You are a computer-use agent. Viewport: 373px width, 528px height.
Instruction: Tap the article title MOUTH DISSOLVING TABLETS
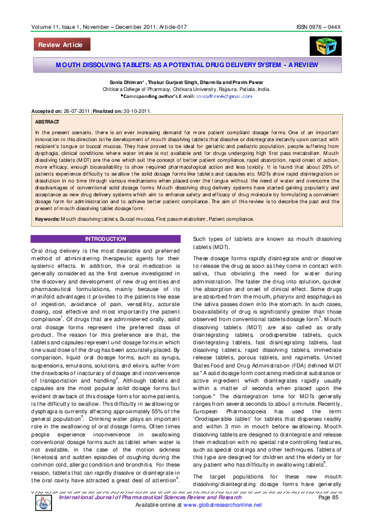coord(187,65)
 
